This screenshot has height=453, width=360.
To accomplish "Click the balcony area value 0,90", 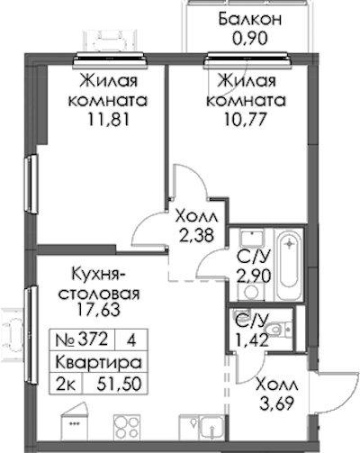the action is pyautogui.click(x=249, y=39).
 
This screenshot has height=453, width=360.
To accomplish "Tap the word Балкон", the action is pyautogui.click(x=250, y=19).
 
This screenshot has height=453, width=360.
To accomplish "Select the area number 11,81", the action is pyautogui.click(x=108, y=120).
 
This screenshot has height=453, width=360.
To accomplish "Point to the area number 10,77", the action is pyautogui.click(x=245, y=120).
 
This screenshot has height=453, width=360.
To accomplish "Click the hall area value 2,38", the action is pyautogui.click(x=196, y=235).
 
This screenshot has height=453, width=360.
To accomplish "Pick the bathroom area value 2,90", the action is pyautogui.click(x=254, y=276).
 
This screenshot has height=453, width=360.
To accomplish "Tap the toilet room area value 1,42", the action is pyautogui.click(x=251, y=340).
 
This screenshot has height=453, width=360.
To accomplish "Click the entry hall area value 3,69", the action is pyautogui.click(x=276, y=403).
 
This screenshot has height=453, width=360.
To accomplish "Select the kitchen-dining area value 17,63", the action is pyautogui.click(x=99, y=310).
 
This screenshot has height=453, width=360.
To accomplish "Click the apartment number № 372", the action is pyautogui.click(x=82, y=340).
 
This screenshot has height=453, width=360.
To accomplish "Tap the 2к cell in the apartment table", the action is pyautogui.click(x=66, y=384).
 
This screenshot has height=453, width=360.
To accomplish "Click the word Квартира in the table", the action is pyautogui.click(x=99, y=362).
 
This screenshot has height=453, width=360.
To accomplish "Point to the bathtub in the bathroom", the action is pyautogui.click(x=289, y=265).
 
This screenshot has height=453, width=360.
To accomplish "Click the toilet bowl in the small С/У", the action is pyautogui.click(x=277, y=329).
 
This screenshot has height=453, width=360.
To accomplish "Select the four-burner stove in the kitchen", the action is pyautogui.click(x=127, y=428).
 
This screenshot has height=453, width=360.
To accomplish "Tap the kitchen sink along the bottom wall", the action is pyautogui.click(x=212, y=428).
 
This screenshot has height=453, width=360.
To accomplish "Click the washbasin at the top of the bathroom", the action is pyautogui.click(x=252, y=238).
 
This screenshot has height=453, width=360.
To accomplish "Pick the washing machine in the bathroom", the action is pyautogui.click(x=251, y=292).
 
